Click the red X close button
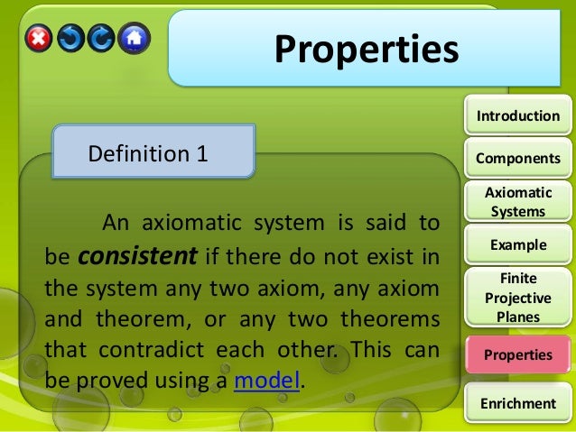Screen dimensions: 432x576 click(x=38, y=38)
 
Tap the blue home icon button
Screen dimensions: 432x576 click(x=134, y=38)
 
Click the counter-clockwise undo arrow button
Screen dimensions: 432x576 click(x=70, y=38)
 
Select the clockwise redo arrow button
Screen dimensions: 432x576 click(x=102, y=38)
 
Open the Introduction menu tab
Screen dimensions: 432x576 click(x=517, y=115)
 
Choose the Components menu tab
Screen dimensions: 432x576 click(x=517, y=158)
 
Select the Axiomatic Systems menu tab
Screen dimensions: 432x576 click(x=517, y=202)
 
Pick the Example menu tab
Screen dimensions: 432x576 click(x=517, y=244)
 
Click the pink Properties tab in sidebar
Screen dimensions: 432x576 click(x=517, y=354)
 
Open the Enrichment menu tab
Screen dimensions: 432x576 click(x=517, y=402)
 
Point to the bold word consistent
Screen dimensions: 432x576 click(x=138, y=256)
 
